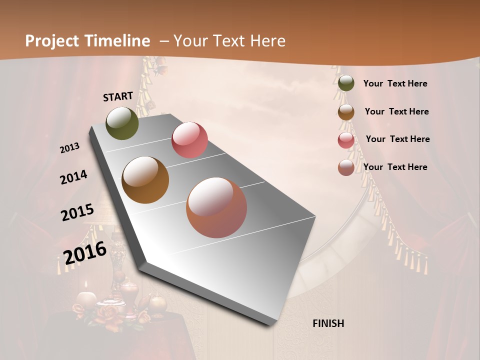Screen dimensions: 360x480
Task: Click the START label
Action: (x=118, y=96)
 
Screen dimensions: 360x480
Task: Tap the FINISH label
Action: (x=328, y=323)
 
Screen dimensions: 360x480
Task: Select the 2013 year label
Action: (x=70, y=148)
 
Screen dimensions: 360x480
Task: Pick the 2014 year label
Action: (x=73, y=177)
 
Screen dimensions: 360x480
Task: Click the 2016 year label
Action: (x=85, y=253)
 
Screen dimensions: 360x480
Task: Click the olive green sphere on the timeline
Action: (x=122, y=123)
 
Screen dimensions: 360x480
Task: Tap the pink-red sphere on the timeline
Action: (x=189, y=140)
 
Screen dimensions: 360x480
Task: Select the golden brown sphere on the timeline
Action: (x=145, y=180)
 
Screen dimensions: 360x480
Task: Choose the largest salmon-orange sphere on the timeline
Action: (x=216, y=207)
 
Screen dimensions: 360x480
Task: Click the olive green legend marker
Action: (x=346, y=83)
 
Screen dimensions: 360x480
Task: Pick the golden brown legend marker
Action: (x=346, y=111)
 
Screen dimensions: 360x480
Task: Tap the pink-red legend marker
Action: (x=346, y=139)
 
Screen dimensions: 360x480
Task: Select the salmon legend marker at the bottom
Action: (x=346, y=167)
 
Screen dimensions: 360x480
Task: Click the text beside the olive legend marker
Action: (x=395, y=84)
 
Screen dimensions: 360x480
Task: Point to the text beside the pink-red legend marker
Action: (x=398, y=139)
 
